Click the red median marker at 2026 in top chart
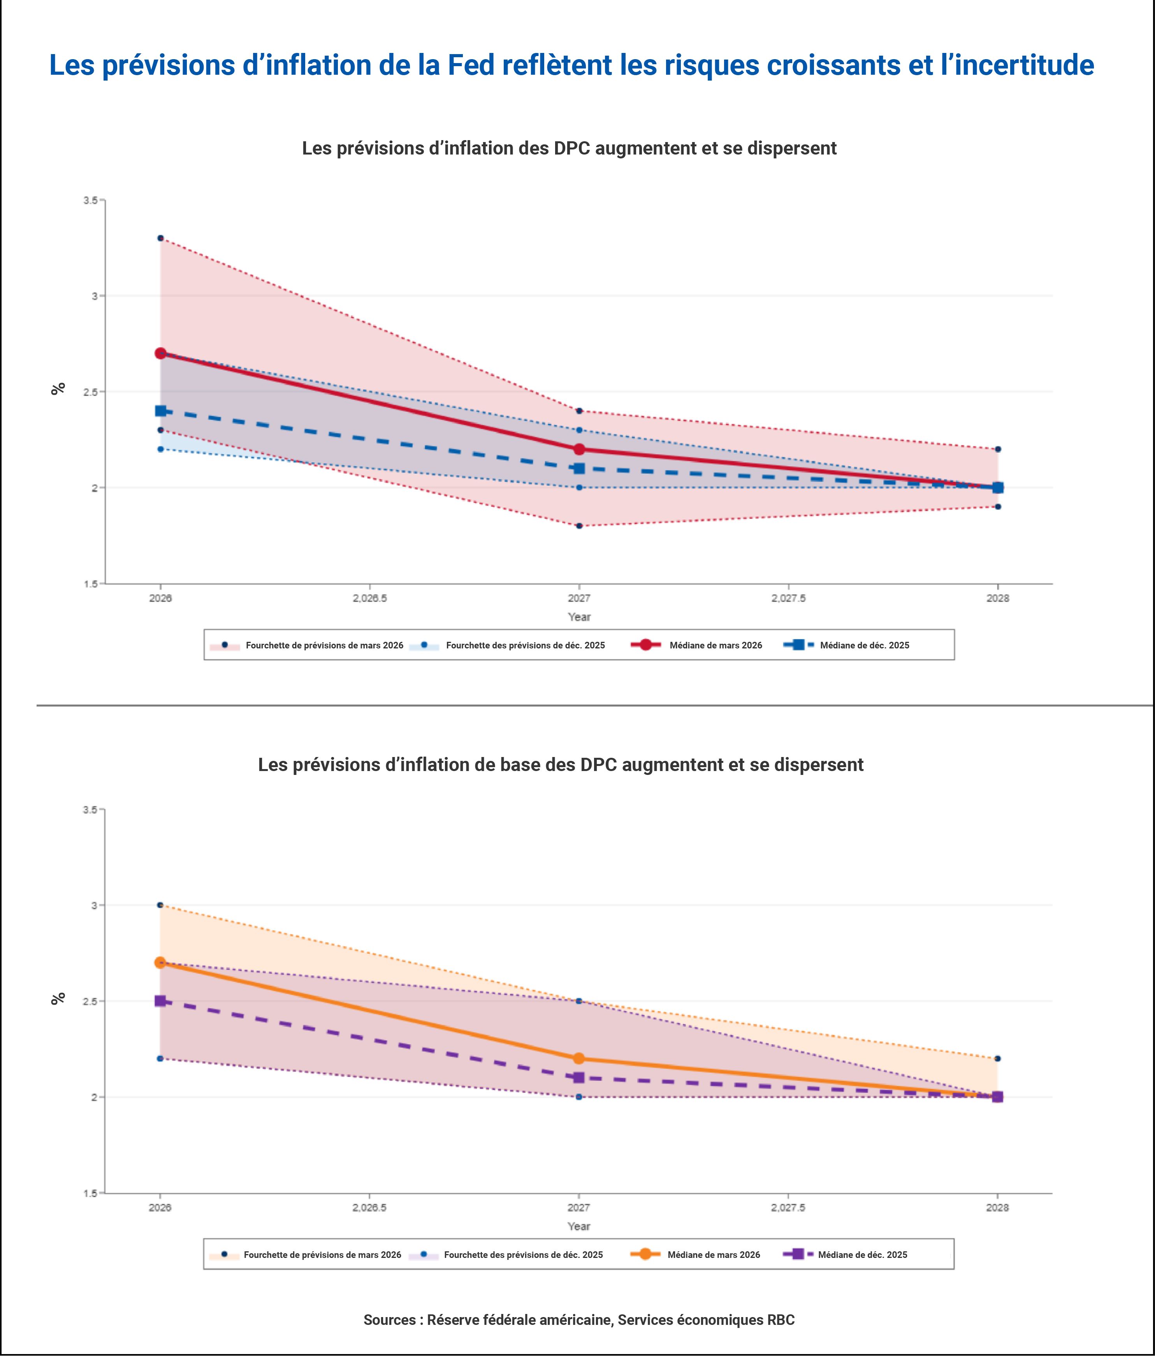[160, 353]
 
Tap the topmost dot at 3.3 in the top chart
[160, 238]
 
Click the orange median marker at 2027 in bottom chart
[578, 1058]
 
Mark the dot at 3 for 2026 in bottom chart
[160, 905]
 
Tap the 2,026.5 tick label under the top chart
[370, 598]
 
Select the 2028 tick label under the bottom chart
[997, 1207]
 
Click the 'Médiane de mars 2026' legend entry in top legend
[715, 645]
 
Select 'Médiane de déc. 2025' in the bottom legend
[862, 1254]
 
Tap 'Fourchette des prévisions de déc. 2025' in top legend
[525, 645]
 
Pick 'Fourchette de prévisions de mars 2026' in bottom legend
[322, 1254]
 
